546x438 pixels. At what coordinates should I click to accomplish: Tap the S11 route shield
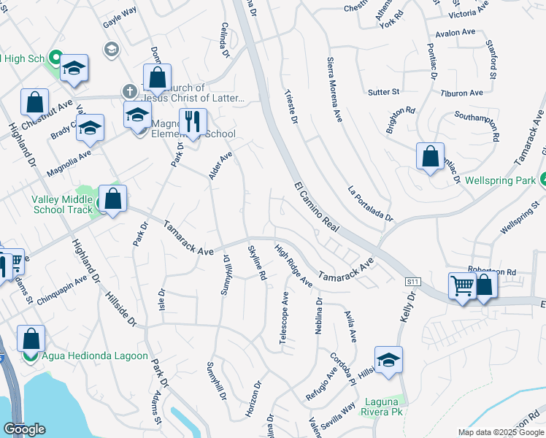(413, 281)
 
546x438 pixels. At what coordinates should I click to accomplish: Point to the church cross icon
(129, 91)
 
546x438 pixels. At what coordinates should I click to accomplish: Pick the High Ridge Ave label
(293, 266)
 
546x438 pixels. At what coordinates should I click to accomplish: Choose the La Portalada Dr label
(370, 203)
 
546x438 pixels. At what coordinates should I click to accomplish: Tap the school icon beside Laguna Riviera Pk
(388, 359)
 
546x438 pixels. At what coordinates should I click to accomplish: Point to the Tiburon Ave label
(461, 93)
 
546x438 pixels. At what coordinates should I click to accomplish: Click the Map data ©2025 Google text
(499, 432)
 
